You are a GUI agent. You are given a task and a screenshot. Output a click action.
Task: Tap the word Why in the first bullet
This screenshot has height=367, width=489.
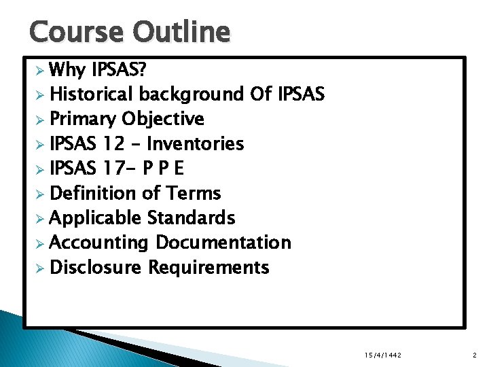[67, 69]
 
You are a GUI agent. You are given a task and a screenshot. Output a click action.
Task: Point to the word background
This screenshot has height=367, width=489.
[192, 94]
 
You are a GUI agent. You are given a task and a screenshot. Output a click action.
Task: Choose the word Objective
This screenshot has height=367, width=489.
[163, 119]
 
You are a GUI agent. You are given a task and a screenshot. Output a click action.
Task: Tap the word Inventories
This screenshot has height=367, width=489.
[196, 143]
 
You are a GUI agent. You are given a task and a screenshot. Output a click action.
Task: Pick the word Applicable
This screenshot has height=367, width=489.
[95, 218]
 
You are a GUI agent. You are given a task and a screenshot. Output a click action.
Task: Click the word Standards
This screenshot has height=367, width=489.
[192, 218]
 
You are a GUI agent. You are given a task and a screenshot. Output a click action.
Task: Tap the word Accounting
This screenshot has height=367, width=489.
[99, 243]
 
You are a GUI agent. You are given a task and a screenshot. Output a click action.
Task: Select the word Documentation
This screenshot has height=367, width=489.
[223, 243]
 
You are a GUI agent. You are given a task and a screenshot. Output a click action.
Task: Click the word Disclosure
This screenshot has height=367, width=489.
[96, 268]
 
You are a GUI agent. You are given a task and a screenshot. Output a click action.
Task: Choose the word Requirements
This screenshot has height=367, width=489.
[209, 268]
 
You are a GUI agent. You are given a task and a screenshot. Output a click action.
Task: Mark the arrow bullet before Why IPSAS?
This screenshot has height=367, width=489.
[40, 70]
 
